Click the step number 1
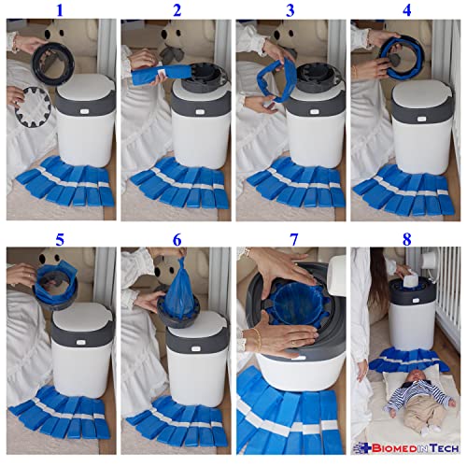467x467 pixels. click(x=60, y=10)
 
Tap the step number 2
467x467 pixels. click(x=177, y=10)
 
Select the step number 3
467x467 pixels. click(x=290, y=10)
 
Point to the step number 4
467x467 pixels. click(x=406, y=10)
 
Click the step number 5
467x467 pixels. click(x=60, y=239)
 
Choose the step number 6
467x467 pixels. click(x=177, y=239)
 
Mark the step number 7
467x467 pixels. click(x=293, y=239)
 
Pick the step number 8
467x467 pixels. click(x=406, y=239)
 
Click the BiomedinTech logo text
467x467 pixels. click(x=406, y=448)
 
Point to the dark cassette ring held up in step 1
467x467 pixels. click(x=53, y=64)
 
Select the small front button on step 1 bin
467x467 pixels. click(x=84, y=111)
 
